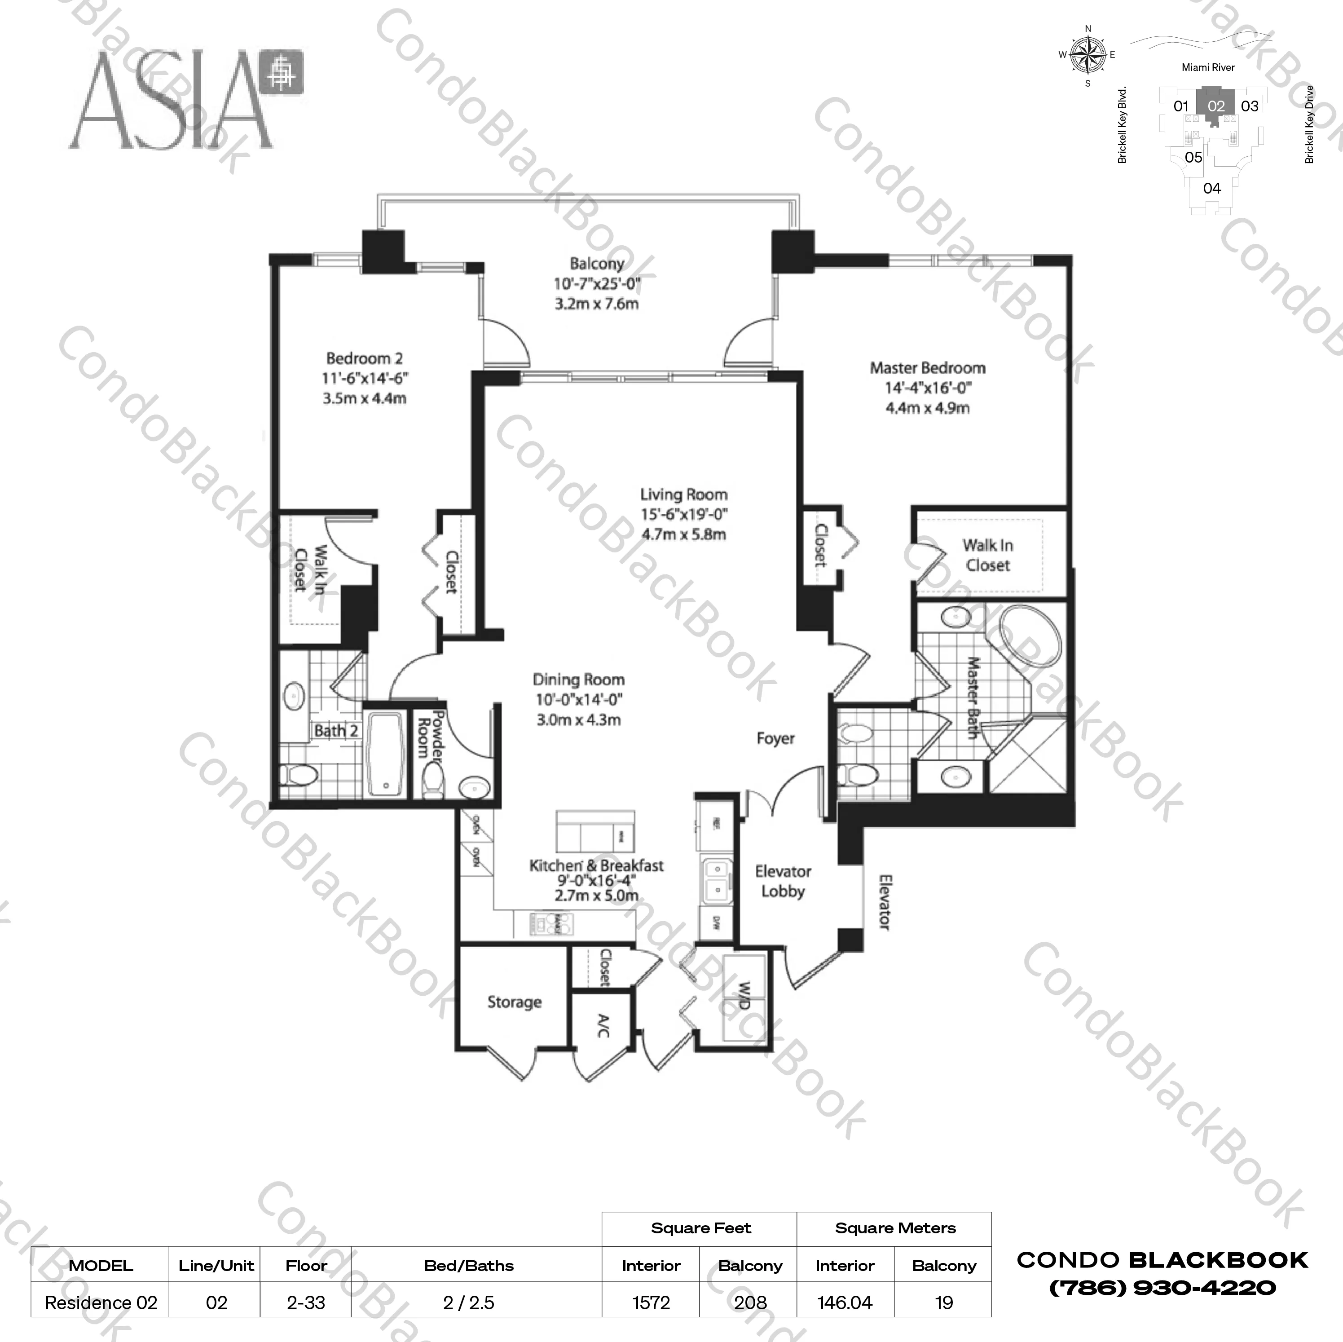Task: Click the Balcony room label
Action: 596,264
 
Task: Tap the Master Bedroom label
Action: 927,368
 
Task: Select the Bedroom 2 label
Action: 364,359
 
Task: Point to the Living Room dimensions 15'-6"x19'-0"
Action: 683,515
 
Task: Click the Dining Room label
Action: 578,680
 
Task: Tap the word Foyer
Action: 775,738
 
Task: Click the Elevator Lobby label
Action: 783,881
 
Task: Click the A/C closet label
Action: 602,1026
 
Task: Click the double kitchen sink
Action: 714,879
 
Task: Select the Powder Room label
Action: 430,733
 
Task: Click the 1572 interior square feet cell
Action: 651,1302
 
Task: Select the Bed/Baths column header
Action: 468,1266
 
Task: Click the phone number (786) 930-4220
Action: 1162,1288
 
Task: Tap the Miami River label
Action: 1208,67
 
